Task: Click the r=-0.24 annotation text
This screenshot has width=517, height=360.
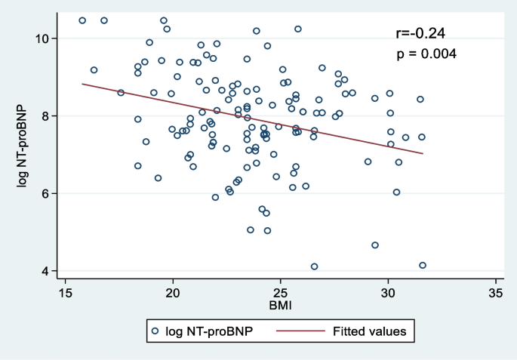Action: click(420, 33)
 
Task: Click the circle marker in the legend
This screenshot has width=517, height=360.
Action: click(155, 331)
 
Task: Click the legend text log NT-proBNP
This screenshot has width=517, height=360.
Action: click(210, 331)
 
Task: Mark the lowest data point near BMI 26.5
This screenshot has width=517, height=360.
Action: click(314, 266)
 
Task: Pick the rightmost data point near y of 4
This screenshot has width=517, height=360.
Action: click(423, 266)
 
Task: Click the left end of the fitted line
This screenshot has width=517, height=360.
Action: click(82, 84)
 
